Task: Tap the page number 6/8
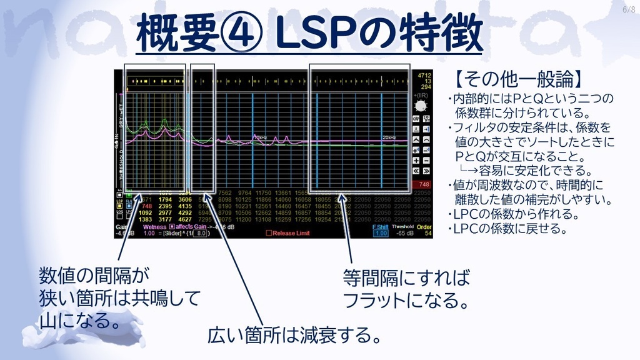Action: (x=628, y=9)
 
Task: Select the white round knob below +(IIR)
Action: (x=421, y=106)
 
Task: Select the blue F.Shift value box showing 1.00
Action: (x=380, y=233)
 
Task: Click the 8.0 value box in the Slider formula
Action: (x=200, y=233)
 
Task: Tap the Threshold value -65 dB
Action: (x=403, y=233)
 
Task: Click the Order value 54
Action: (x=424, y=233)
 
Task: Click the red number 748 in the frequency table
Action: (x=147, y=206)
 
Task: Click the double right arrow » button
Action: (x=426, y=170)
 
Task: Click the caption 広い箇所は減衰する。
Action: (x=294, y=336)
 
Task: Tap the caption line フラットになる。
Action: (x=406, y=301)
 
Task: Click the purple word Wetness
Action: (x=154, y=227)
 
